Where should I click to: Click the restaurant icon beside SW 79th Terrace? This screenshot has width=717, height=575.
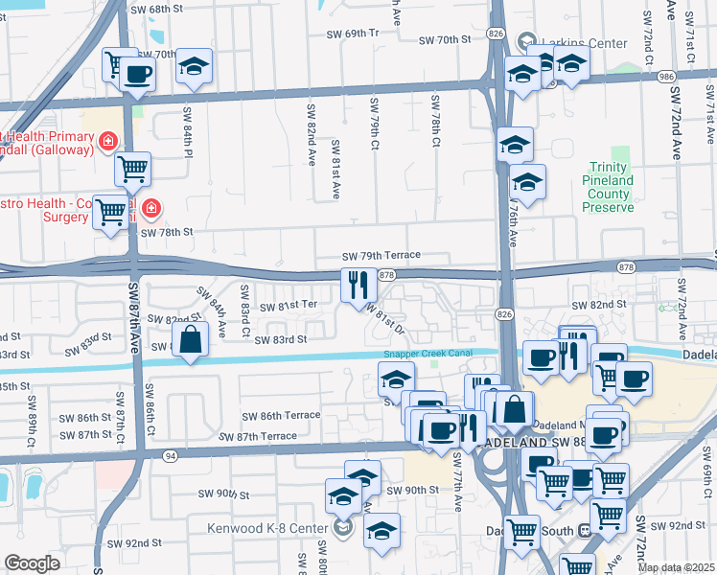click(354, 284)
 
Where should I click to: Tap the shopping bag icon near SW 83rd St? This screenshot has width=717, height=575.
click(191, 340)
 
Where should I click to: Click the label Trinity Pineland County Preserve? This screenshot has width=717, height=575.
click(609, 188)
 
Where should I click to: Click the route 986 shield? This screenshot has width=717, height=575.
click(669, 76)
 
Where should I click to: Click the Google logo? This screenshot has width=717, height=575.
click(32, 563)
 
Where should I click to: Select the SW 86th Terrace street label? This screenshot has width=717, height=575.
click(281, 416)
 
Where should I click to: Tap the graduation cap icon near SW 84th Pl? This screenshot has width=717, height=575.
click(195, 67)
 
